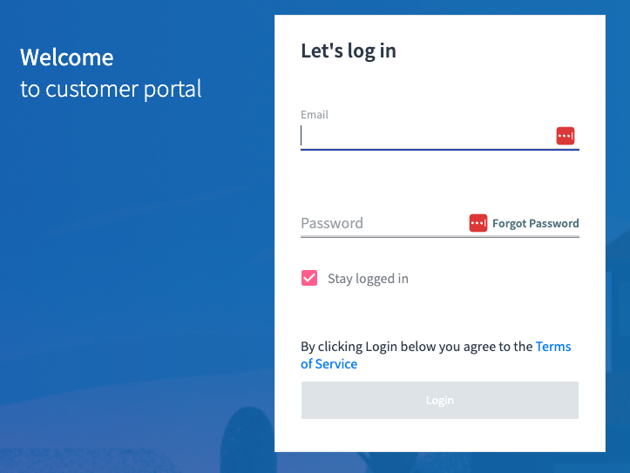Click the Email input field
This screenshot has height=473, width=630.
click(x=427, y=136)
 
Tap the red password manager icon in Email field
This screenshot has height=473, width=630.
click(x=566, y=136)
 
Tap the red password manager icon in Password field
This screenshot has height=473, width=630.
click(x=478, y=223)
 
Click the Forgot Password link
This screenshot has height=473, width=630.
click(x=535, y=223)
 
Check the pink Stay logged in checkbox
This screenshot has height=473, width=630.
click(x=309, y=278)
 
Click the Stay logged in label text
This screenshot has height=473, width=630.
click(x=368, y=279)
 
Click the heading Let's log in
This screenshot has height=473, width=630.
click(x=349, y=51)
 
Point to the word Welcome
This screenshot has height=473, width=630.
click(x=67, y=57)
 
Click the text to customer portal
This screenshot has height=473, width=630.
click(x=111, y=89)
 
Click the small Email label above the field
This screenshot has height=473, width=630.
click(x=315, y=114)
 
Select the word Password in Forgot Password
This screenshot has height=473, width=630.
click(x=554, y=223)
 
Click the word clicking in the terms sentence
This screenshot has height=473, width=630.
click(x=340, y=347)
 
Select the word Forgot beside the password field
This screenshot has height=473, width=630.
click(x=510, y=223)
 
